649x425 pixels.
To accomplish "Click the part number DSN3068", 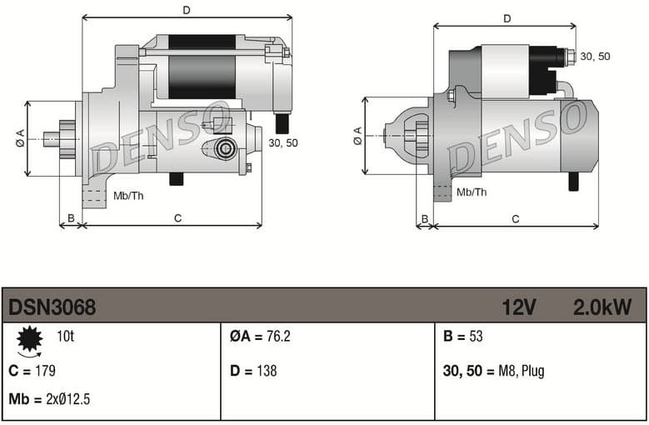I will [x=52, y=307].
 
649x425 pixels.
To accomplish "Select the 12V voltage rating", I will [x=518, y=307].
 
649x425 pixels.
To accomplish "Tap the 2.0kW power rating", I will [x=602, y=307].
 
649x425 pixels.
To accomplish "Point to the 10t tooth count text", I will [x=67, y=337].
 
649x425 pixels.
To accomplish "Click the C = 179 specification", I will [x=32, y=371].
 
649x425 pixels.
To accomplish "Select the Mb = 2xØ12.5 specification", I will [x=49, y=399].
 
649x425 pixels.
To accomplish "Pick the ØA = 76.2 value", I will [x=260, y=337].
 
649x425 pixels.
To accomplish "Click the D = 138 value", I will [x=253, y=371].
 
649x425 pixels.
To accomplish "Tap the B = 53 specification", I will [x=462, y=337].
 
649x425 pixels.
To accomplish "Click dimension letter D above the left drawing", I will [x=187, y=10].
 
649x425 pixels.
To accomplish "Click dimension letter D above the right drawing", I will [x=507, y=18].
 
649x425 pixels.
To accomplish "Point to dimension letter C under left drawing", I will [x=177, y=218].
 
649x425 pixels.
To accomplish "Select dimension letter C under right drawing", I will [x=516, y=219].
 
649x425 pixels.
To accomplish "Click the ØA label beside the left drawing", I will [x=20, y=139].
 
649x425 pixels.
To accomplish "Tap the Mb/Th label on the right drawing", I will [x=472, y=192].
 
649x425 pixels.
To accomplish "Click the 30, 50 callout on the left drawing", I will [x=283, y=142].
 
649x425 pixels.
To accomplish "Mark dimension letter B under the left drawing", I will [x=71, y=218].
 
